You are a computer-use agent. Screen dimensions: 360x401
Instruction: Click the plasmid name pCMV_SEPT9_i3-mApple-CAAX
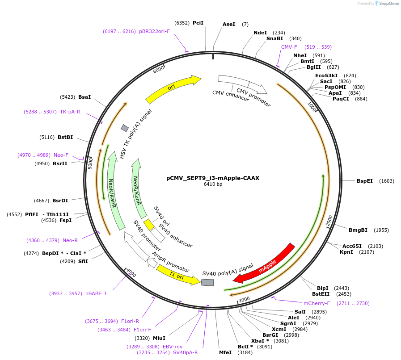tap(213, 178)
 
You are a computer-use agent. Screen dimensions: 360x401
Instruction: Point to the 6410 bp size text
tap(213, 184)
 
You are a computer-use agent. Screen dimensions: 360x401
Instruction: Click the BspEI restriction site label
tap(364, 181)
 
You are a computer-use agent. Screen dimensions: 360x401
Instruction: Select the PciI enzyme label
tap(198, 23)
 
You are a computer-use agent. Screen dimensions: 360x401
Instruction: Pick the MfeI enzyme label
tap(225, 352)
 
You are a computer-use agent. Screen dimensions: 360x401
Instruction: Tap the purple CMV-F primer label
tap(289, 47)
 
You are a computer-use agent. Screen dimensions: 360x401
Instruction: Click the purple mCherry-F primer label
tap(316, 303)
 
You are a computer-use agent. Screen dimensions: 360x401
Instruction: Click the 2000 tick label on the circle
tap(329, 221)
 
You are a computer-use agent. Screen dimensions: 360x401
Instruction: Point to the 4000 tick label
tap(131, 272)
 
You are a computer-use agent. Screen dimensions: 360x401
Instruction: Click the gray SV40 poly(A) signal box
tap(207, 282)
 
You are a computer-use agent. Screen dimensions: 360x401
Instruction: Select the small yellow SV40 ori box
tap(148, 225)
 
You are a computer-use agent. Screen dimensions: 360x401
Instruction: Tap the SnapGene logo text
tap(387, 3)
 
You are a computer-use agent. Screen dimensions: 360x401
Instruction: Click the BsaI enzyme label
tap(84, 96)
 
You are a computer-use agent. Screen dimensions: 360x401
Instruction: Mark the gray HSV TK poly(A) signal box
tap(125, 128)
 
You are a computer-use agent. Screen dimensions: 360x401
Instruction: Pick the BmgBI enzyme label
tap(358, 230)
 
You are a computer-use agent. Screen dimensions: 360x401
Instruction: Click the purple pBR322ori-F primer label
tap(154, 31)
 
